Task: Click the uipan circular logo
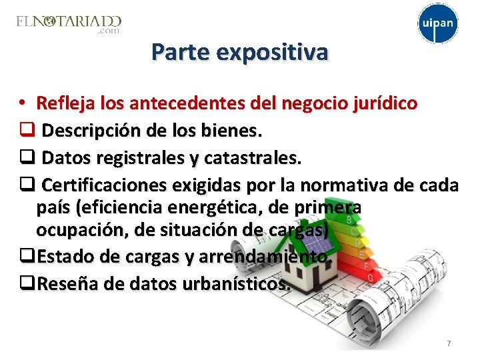pos(438,24)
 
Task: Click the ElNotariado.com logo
pos(69,23)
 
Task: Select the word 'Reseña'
pos(63,283)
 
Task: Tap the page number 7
pos(449,343)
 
